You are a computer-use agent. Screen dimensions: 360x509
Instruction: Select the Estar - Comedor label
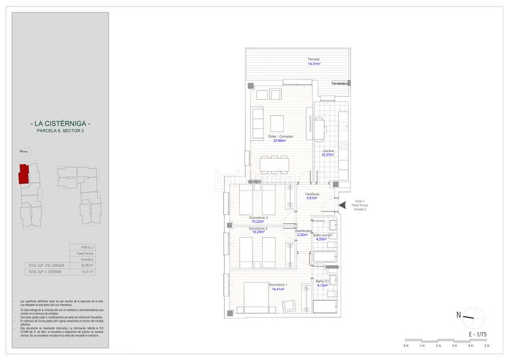pyautogui.click(x=280, y=137)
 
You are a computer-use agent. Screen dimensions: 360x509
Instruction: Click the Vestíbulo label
pyautogui.click(x=312, y=193)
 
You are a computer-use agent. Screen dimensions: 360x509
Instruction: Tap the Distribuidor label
pyautogui.click(x=303, y=231)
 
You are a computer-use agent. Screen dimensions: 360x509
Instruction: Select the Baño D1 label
pyautogui.click(x=323, y=280)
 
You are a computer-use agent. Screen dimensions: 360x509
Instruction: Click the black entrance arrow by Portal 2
pyautogui.click(x=342, y=204)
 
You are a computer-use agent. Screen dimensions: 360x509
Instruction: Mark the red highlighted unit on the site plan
pyautogui.click(x=24, y=174)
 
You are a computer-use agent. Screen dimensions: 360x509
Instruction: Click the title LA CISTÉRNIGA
pyautogui.click(x=60, y=123)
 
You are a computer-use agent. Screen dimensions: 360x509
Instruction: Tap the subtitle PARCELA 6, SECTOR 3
pyautogui.click(x=60, y=130)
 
